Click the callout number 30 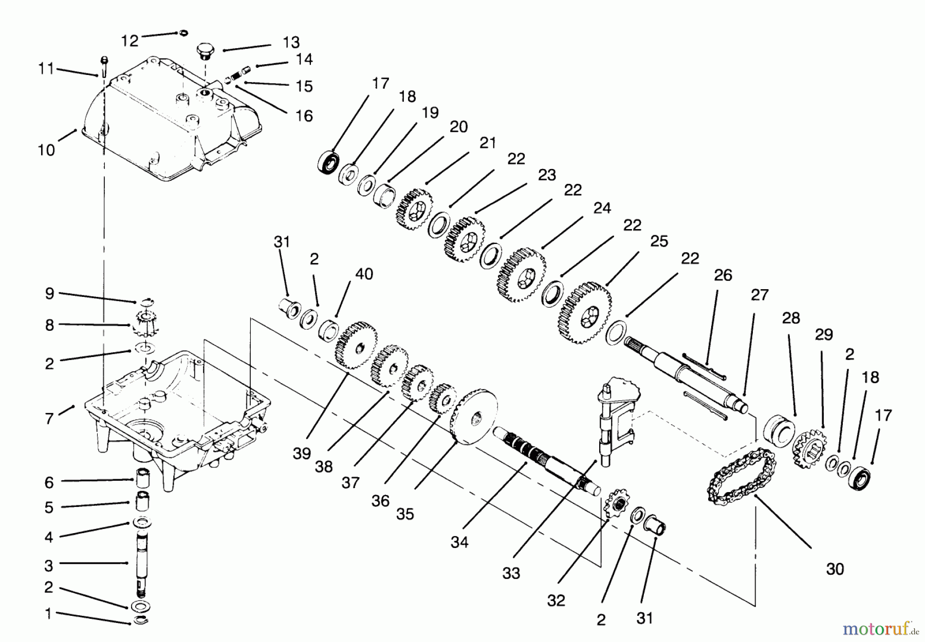click(x=835, y=569)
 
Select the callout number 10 click(x=46, y=150)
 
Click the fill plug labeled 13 click(x=203, y=52)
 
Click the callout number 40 click(x=364, y=274)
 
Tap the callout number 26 click(x=723, y=275)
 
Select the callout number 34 click(x=459, y=542)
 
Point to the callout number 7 click(x=49, y=419)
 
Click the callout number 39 click(x=302, y=454)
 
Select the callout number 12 click(x=130, y=41)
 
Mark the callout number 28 click(x=791, y=318)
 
